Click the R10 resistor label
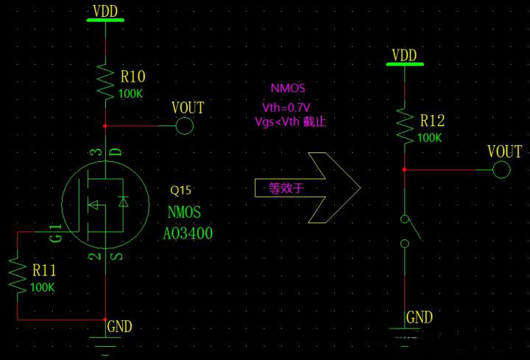tap(132, 76)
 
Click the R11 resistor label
tap(43, 271)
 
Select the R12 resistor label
tap(433, 121)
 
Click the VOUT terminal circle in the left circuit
tap(185, 126)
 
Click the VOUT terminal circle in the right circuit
tap(502, 170)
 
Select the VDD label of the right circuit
tap(404, 55)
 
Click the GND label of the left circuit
tap(120, 325)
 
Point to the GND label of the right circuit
tap(420, 318)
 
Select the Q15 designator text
tap(181, 190)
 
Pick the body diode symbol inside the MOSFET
tap(122, 200)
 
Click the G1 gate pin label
tap(55, 236)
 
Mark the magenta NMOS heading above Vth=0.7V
tap(287, 88)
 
